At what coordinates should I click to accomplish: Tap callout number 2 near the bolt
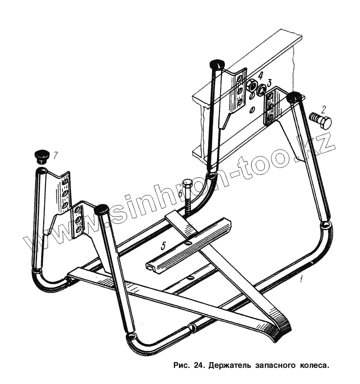[x=324, y=109]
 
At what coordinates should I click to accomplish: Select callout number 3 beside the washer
[x=269, y=82]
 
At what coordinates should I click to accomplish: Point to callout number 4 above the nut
[x=260, y=75]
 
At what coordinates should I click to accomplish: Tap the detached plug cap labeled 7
[x=41, y=156]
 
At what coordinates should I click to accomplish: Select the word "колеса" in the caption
[x=316, y=365]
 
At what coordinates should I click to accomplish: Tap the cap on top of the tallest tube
[x=217, y=65]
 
